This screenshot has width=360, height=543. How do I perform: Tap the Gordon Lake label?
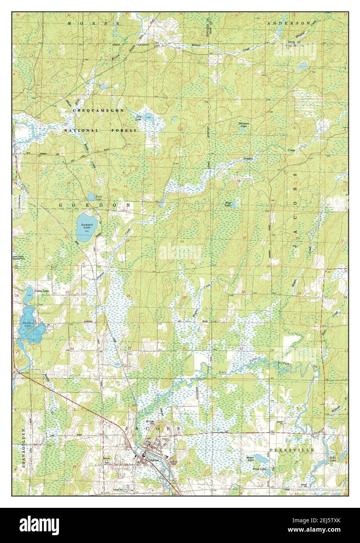pos(28,324)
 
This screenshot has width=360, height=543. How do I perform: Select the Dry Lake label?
pos(138,118)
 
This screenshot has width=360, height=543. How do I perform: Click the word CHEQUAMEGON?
pos(98,111)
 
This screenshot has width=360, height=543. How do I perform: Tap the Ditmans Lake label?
pos(243,125)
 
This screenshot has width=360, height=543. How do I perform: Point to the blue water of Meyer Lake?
pos(259,458)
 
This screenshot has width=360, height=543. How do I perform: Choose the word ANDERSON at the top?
pos(289,23)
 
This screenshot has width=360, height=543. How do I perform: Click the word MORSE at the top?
pos(94,24)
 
